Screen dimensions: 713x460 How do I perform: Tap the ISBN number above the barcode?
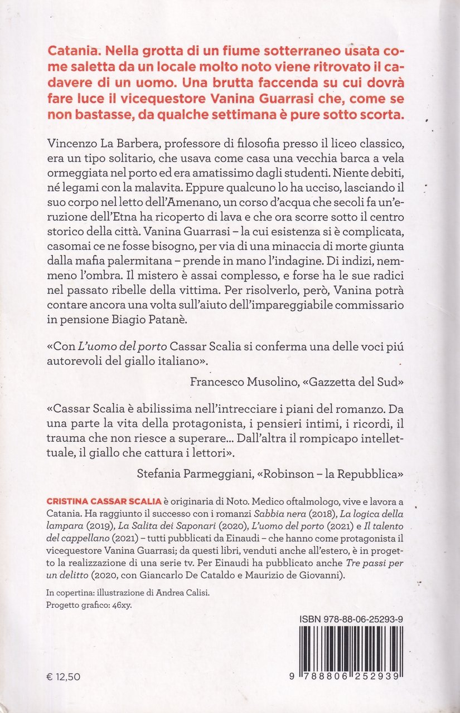coord(357,619)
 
